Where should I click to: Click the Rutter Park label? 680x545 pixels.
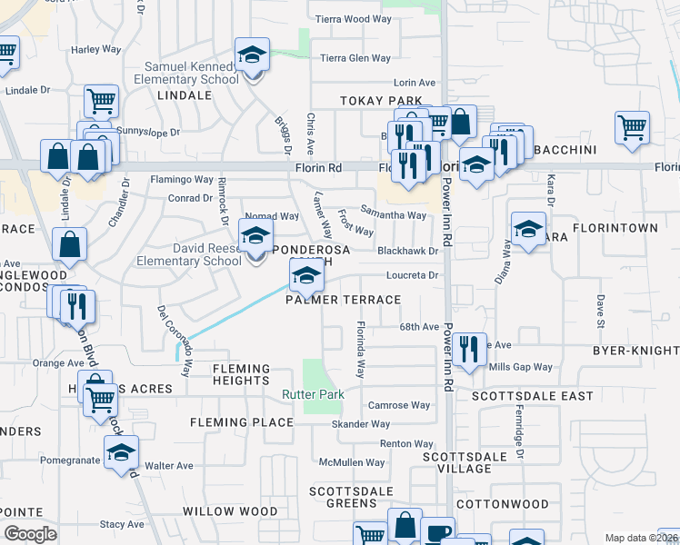pyautogui.click(x=314, y=395)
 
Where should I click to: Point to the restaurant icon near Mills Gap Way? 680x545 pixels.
pyautogui.click(x=468, y=350)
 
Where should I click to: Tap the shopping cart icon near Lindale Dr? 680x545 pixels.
pyautogui.click(x=101, y=100)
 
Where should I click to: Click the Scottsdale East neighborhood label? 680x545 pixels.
pyautogui.click(x=532, y=396)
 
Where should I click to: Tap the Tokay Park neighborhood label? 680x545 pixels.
pyautogui.click(x=381, y=101)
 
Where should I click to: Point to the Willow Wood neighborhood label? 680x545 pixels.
pyautogui.click(x=230, y=511)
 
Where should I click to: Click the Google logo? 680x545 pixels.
pyautogui.click(x=30, y=534)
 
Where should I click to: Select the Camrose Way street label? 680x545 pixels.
pyautogui.click(x=398, y=405)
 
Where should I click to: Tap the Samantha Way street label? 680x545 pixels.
pyautogui.click(x=394, y=215)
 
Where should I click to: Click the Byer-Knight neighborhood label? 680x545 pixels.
pyautogui.click(x=635, y=351)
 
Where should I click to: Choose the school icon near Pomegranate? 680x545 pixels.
pyautogui.click(x=121, y=453)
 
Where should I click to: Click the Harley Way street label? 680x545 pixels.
pyautogui.click(x=97, y=49)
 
